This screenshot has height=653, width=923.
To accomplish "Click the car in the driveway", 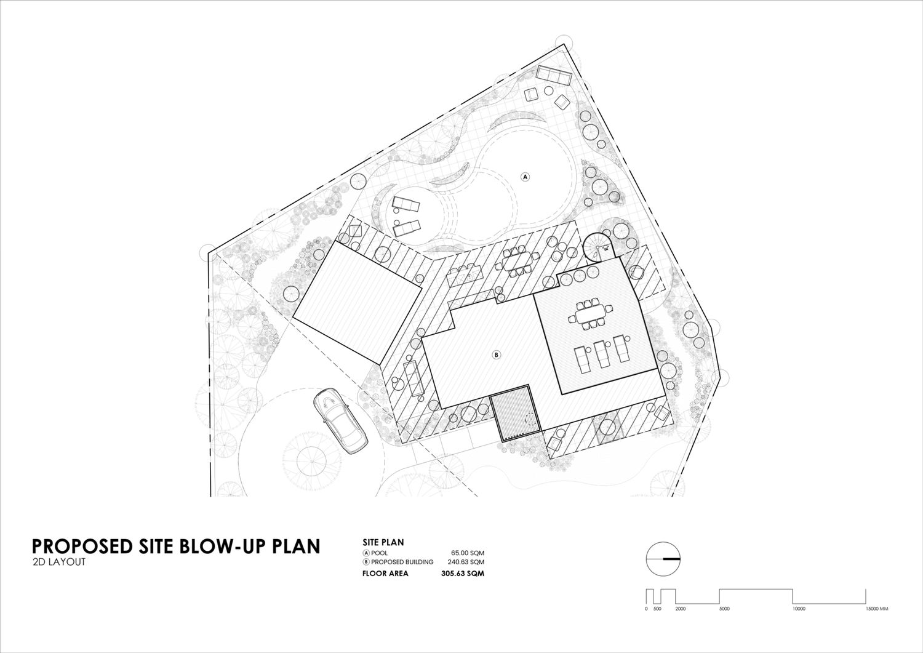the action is coord(340,420).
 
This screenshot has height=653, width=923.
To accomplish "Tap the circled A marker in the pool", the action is coord(525,177).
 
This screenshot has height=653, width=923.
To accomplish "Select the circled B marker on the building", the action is coord(497,354).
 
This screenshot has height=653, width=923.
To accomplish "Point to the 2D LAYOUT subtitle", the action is coord(58,562).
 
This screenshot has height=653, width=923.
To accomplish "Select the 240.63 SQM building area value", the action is coord(466,561).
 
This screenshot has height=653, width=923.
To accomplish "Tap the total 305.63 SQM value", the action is coord(463,573).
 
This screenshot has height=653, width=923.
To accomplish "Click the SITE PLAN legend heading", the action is coord(383,542).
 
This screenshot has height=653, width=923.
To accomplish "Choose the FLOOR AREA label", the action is coord(385,573).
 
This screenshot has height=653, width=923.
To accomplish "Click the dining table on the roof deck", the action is coord(589,316).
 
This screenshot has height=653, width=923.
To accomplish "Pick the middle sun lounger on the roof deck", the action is coord(602,354).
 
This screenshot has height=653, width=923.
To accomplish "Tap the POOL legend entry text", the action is coord(379,553).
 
